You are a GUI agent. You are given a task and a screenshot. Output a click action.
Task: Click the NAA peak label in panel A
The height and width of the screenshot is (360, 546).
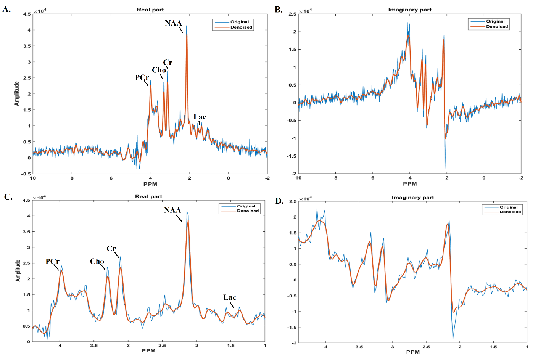pyautogui.click(x=173, y=23)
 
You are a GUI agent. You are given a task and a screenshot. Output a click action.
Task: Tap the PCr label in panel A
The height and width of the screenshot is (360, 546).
pyautogui.click(x=142, y=77)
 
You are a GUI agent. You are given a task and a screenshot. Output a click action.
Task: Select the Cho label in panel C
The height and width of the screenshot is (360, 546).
pyautogui.click(x=97, y=261)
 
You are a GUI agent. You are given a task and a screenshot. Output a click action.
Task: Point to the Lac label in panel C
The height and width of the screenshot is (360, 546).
pyautogui.click(x=230, y=297)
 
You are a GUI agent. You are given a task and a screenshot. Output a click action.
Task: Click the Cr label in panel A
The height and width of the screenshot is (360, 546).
pyautogui.click(x=168, y=63)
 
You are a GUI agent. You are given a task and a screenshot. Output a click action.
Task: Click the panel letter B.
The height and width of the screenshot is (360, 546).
pyautogui.click(x=279, y=10)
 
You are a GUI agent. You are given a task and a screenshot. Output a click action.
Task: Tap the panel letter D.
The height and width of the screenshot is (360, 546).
pyautogui.click(x=279, y=201)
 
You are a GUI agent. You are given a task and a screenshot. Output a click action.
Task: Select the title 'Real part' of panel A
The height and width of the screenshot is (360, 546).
pyautogui.click(x=150, y=10)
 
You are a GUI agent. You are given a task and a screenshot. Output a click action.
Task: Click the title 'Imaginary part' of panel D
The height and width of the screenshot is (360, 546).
pyautogui.click(x=413, y=198)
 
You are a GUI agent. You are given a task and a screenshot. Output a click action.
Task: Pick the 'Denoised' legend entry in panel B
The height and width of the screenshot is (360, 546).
pyautogui.click(x=497, y=27)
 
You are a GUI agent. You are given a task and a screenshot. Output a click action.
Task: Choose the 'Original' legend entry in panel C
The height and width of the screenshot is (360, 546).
pyautogui.click(x=246, y=206)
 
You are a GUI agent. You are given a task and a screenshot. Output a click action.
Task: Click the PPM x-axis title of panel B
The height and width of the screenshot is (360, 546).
pyautogui.click(x=410, y=184)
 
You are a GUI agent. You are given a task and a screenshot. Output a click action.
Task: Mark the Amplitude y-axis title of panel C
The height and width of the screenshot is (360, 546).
pyautogui.click(x=18, y=271)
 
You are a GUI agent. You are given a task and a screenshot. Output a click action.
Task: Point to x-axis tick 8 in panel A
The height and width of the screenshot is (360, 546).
pyautogui.click(x=72, y=178)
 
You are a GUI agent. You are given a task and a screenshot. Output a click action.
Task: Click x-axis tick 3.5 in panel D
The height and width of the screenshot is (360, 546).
pyautogui.click(x=359, y=347)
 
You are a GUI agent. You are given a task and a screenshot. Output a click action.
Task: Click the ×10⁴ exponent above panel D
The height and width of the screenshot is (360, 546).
pyautogui.click(x=306, y=199)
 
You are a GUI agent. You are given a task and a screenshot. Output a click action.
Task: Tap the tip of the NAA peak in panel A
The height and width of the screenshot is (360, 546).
pyautogui.click(x=187, y=26)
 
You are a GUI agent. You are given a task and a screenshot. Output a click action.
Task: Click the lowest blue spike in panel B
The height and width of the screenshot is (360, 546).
pyautogui.click(x=445, y=168)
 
